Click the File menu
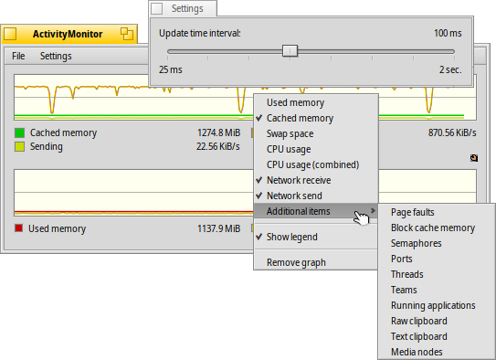(18, 56)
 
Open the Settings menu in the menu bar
(55, 56)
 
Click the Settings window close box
(156, 8)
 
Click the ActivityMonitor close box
(11, 35)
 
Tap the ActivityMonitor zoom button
(127, 35)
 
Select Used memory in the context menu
(295, 102)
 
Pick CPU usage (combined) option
(312, 164)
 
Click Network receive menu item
(300, 180)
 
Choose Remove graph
(296, 262)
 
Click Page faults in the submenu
(414, 212)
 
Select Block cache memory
(432, 228)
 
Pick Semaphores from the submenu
(416, 243)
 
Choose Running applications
(432, 305)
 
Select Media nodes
(417, 352)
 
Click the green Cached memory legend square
(19, 132)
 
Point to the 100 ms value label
(448, 33)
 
